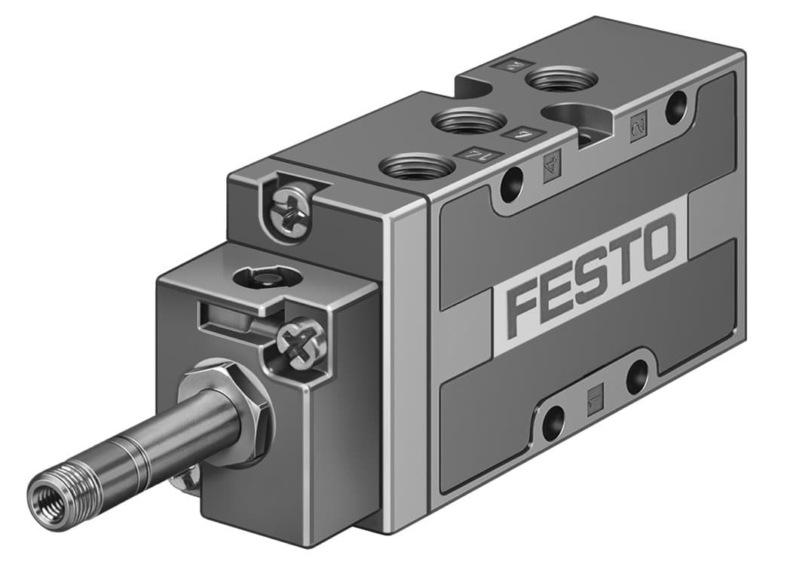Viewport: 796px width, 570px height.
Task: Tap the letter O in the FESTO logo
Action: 657,243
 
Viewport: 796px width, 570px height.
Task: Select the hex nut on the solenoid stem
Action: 227,411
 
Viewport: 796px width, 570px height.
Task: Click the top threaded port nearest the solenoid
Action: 417,165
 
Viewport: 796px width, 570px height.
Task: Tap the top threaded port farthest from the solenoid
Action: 561,78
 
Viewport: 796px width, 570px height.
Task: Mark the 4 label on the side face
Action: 553,161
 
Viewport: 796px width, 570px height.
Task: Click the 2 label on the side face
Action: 638,124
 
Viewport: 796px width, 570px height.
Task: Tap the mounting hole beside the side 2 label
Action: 676,107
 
